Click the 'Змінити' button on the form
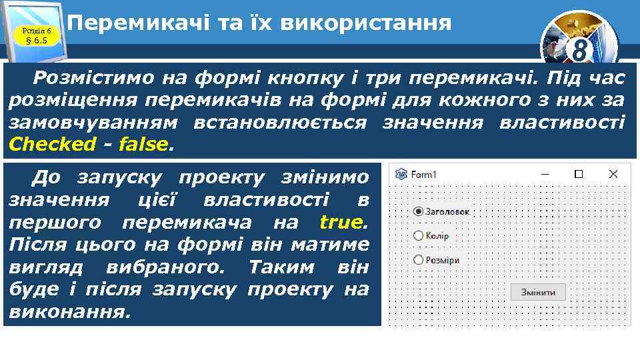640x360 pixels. pos(537,292)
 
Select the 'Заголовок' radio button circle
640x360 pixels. pos(418,211)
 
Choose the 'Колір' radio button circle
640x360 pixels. pos(418,235)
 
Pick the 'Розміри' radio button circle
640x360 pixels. pos(418,260)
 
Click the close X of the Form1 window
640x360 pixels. pos(613,174)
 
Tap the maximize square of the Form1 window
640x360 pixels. pos(579,174)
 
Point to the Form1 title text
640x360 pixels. pos(423,175)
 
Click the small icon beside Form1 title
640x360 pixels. pos(401,175)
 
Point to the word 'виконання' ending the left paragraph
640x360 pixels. pos(67,311)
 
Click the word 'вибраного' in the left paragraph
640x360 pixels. pos(169,267)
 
